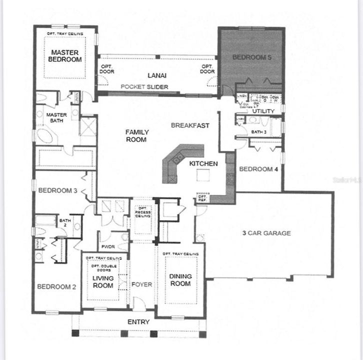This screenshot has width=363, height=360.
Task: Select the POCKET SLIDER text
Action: [x=144, y=87]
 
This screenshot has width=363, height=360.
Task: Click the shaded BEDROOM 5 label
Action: [x=252, y=57]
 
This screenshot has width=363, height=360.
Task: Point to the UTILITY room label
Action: [x=264, y=110]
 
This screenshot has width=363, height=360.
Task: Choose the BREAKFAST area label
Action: [x=190, y=125]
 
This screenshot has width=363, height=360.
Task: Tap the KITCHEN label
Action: [x=203, y=163]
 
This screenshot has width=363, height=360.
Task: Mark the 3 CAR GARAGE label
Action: [x=266, y=233]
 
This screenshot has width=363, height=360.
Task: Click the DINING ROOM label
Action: [x=180, y=280]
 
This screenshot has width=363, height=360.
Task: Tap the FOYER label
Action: [x=141, y=285]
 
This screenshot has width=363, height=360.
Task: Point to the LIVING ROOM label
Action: [x=103, y=281]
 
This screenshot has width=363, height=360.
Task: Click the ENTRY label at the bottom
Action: [x=138, y=321]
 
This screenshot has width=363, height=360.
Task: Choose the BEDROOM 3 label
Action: [x=57, y=189]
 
